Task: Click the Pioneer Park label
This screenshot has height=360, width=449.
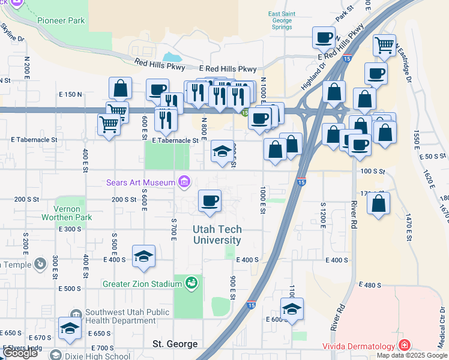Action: click(x=61, y=20)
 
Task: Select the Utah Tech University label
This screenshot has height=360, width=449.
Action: click(x=217, y=235)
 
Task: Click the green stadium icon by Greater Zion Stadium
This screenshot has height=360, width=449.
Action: click(x=191, y=281)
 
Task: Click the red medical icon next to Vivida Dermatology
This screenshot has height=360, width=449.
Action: click(x=405, y=345)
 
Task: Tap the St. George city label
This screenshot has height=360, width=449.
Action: click(x=175, y=344)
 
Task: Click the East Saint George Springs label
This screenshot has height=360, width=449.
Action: click(x=281, y=20)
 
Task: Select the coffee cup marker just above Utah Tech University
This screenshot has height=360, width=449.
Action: click(x=209, y=200)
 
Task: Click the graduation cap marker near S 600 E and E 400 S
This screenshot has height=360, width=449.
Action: click(x=143, y=256)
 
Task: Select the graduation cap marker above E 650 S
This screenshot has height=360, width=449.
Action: click(x=70, y=328)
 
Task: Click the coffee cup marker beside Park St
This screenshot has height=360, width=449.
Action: click(x=324, y=37)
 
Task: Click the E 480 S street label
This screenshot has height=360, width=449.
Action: click(x=370, y=284)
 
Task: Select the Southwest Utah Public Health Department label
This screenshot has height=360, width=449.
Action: click(x=127, y=316)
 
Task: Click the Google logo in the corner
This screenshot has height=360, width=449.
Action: click(x=20, y=353)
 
